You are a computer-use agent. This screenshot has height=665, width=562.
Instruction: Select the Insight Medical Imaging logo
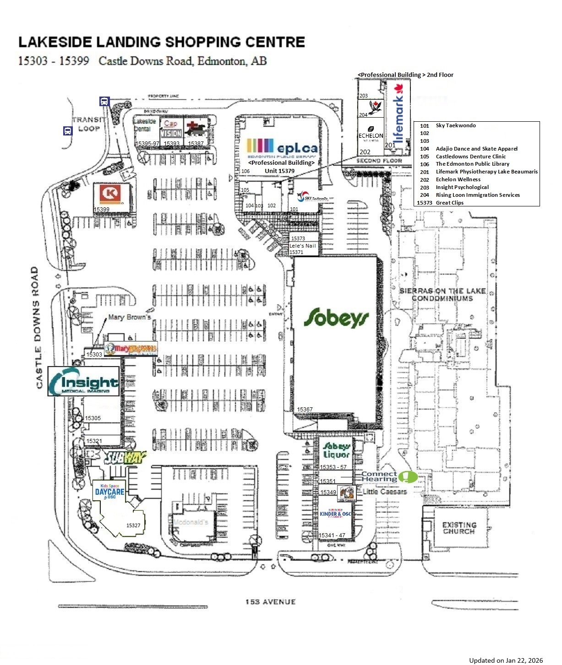point(84,381)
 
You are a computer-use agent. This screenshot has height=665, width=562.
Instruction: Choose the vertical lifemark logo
point(399,118)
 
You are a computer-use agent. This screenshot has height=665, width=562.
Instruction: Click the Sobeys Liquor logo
point(337,450)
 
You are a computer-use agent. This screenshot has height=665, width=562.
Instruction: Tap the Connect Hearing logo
point(389,477)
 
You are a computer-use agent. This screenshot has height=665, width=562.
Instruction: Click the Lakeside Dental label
point(145,125)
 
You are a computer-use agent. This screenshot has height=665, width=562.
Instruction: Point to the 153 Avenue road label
point(270,602)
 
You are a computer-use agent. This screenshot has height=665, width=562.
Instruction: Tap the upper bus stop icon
point(104,102)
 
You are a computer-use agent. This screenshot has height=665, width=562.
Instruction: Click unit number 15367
point(305,410)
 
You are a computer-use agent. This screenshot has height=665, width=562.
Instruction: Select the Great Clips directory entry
point(449,203)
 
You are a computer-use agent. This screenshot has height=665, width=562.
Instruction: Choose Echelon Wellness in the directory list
point(458,179)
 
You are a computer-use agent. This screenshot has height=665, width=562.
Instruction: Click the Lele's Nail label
point(303,246)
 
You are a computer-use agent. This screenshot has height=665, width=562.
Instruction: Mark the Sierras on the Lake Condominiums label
point(442,294)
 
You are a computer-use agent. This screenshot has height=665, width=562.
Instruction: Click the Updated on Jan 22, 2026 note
point(506,660)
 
